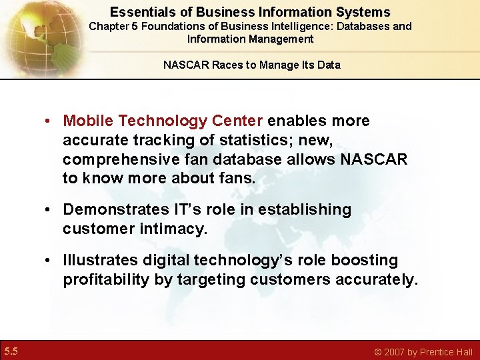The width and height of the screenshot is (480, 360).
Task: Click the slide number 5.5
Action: [x=11, y=351]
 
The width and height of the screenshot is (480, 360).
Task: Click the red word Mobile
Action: [x=86, y=121]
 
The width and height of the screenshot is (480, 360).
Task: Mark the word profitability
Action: [x=106, y=280]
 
